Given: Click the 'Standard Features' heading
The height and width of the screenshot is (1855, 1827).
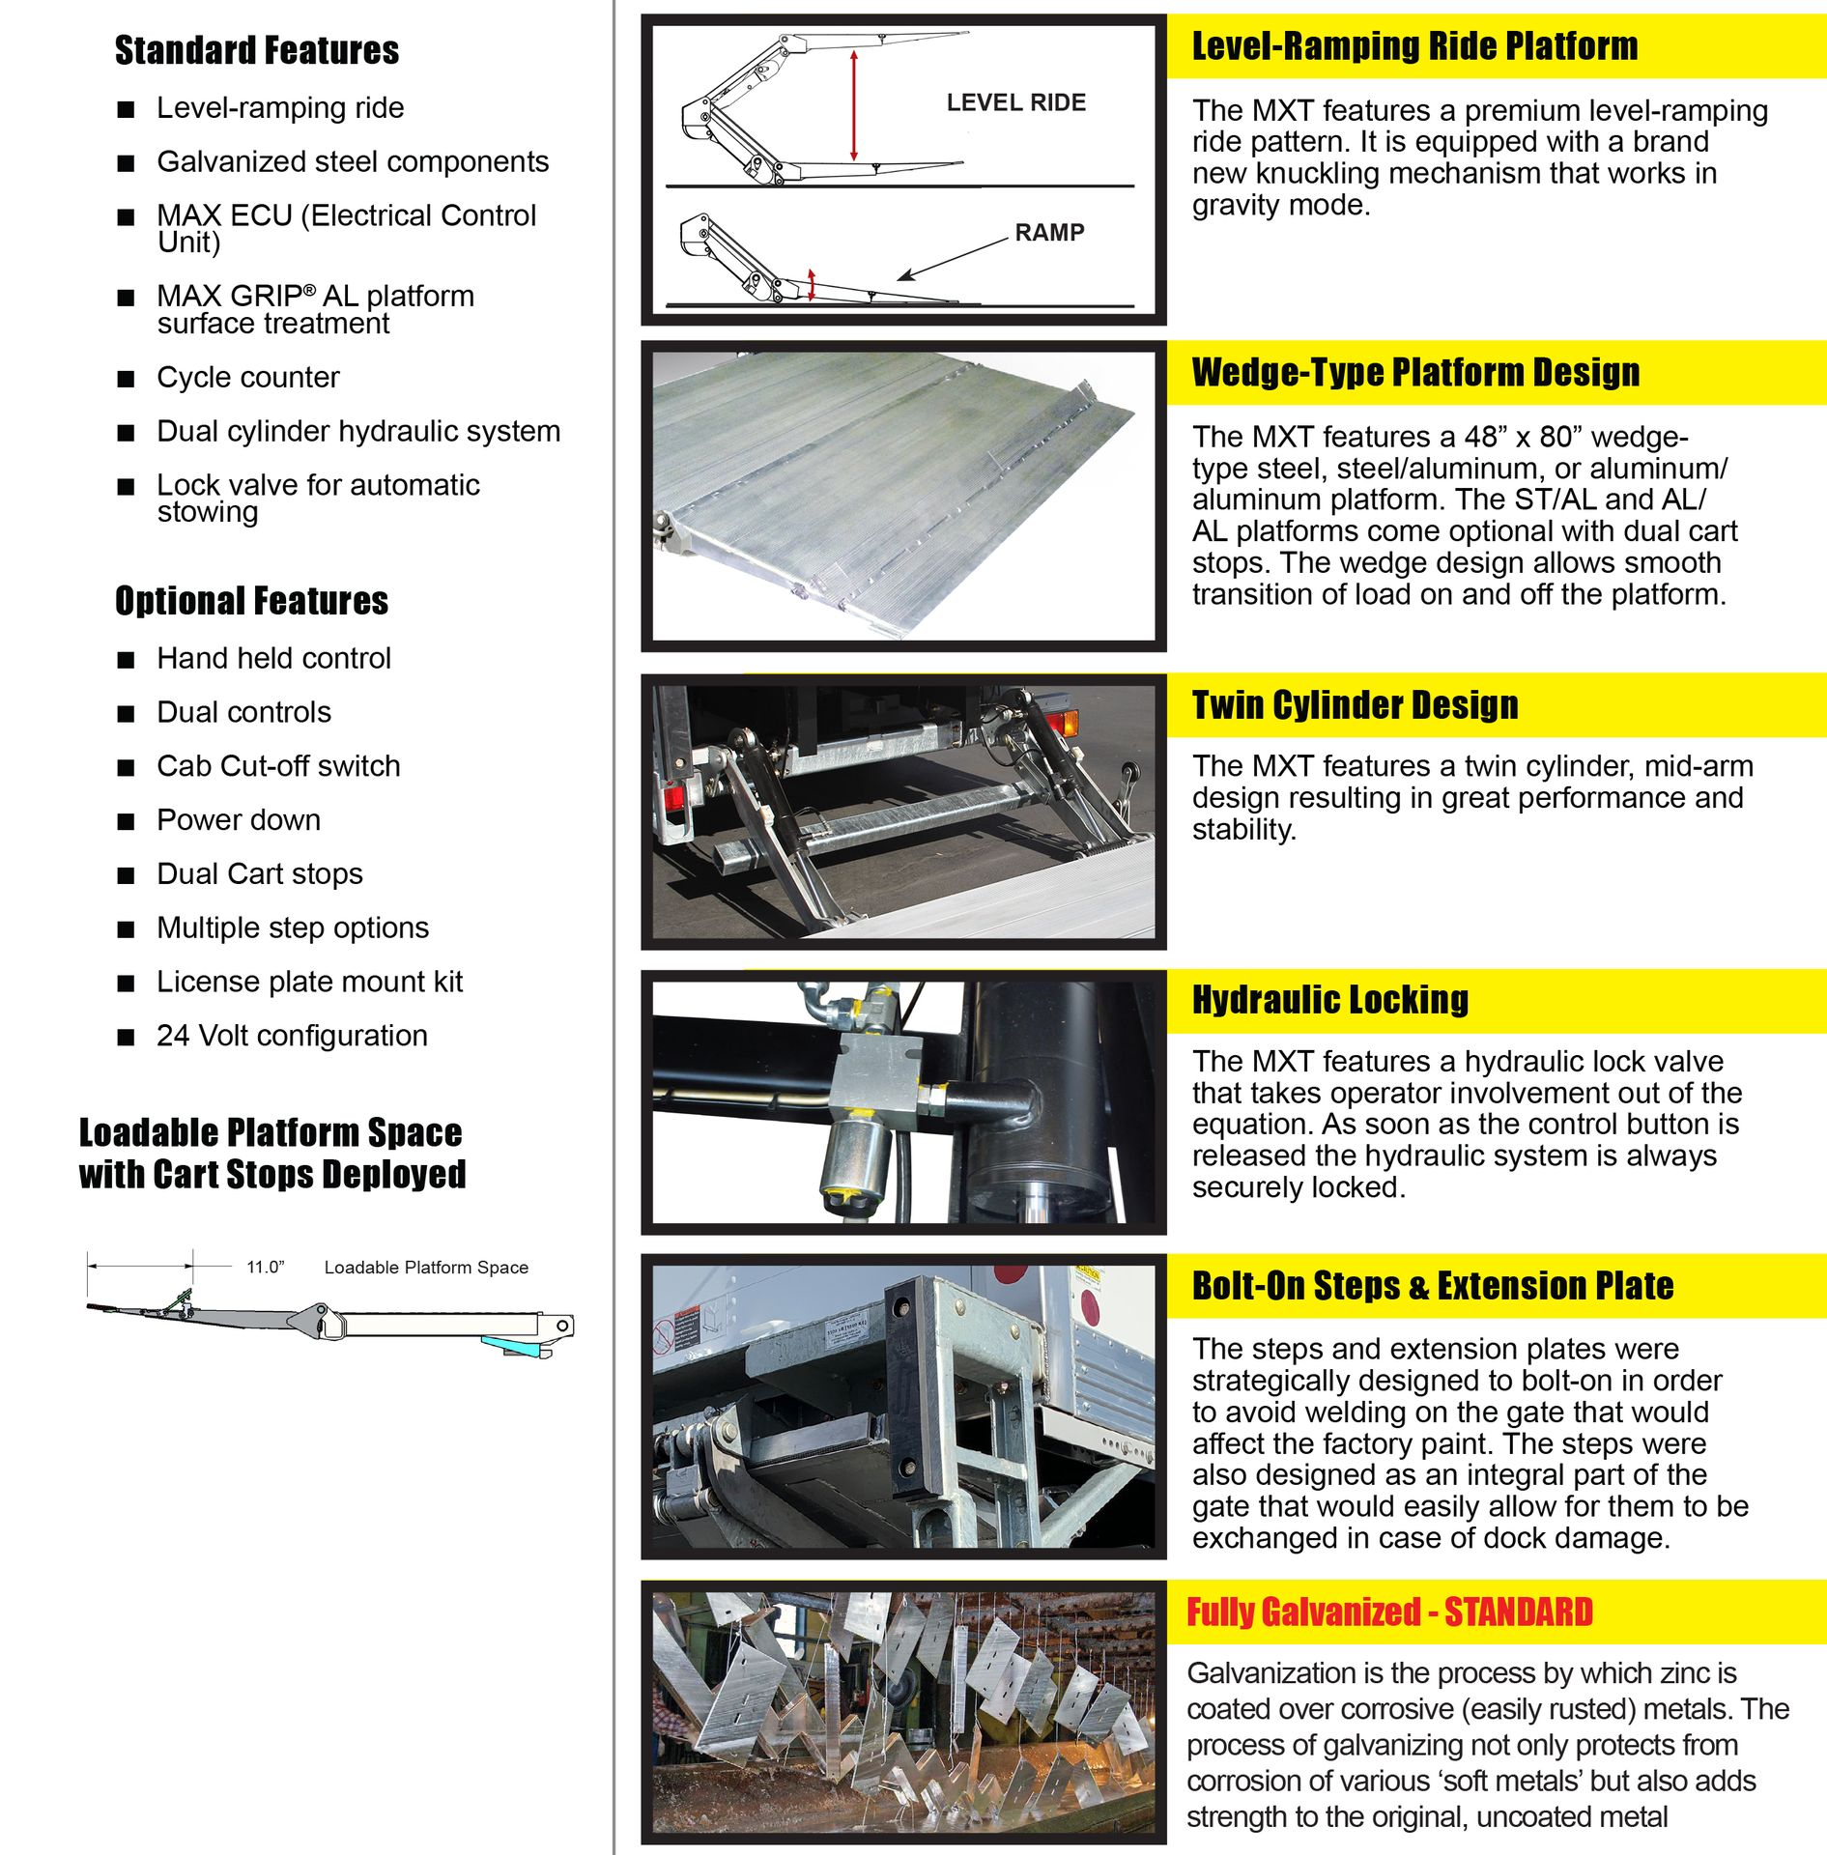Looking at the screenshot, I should click(256, 50).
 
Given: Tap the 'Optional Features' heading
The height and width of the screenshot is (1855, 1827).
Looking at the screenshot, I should click(251, 601).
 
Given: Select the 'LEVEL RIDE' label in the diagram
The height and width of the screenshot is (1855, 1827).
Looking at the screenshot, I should click(1015, 102).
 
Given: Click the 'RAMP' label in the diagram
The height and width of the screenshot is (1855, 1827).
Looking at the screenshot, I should click(1049, 232).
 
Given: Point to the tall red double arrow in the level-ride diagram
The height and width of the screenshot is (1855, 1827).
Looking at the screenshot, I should click(853, 106).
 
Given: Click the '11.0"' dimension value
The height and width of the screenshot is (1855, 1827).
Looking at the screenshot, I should click(265, 1267).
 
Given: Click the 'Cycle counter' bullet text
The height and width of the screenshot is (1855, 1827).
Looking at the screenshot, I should click(248, 377).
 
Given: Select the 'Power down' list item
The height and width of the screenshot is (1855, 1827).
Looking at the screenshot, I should click(239, 820).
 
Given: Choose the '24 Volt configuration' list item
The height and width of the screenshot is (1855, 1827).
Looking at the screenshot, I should click(292, 1036).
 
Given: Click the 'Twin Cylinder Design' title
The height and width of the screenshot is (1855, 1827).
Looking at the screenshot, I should click(1355, 705).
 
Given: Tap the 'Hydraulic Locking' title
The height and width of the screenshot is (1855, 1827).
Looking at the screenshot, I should click(1329, 1000).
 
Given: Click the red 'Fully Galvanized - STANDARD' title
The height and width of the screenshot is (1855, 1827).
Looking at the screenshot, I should click(1389, 1612).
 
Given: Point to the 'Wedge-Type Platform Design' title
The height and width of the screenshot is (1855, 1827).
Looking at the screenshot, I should click(1415, 372).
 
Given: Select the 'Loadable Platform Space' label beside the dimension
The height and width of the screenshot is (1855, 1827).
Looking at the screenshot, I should click(426, 1267).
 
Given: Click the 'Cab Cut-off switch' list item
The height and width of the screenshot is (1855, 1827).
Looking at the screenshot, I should click(278, 766).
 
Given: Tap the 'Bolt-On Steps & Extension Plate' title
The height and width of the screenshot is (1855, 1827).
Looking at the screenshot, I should click(1432, 1286).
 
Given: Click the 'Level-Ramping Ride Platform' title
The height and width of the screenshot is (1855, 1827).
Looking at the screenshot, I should click(1414, 45).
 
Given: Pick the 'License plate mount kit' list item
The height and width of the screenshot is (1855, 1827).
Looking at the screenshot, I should click(310, 982).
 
